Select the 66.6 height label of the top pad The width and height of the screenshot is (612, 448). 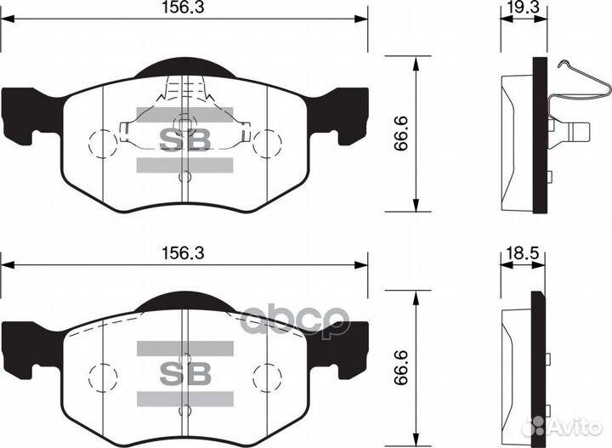pyautogui.click(x=401, y=133)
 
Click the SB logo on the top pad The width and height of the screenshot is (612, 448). pyautogui.click(x=184, y=139)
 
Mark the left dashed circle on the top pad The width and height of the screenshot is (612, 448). pyautogui.click(x=102, y=142)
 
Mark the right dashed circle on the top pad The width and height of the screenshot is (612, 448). pyautogui.click(x=267, y=142)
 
